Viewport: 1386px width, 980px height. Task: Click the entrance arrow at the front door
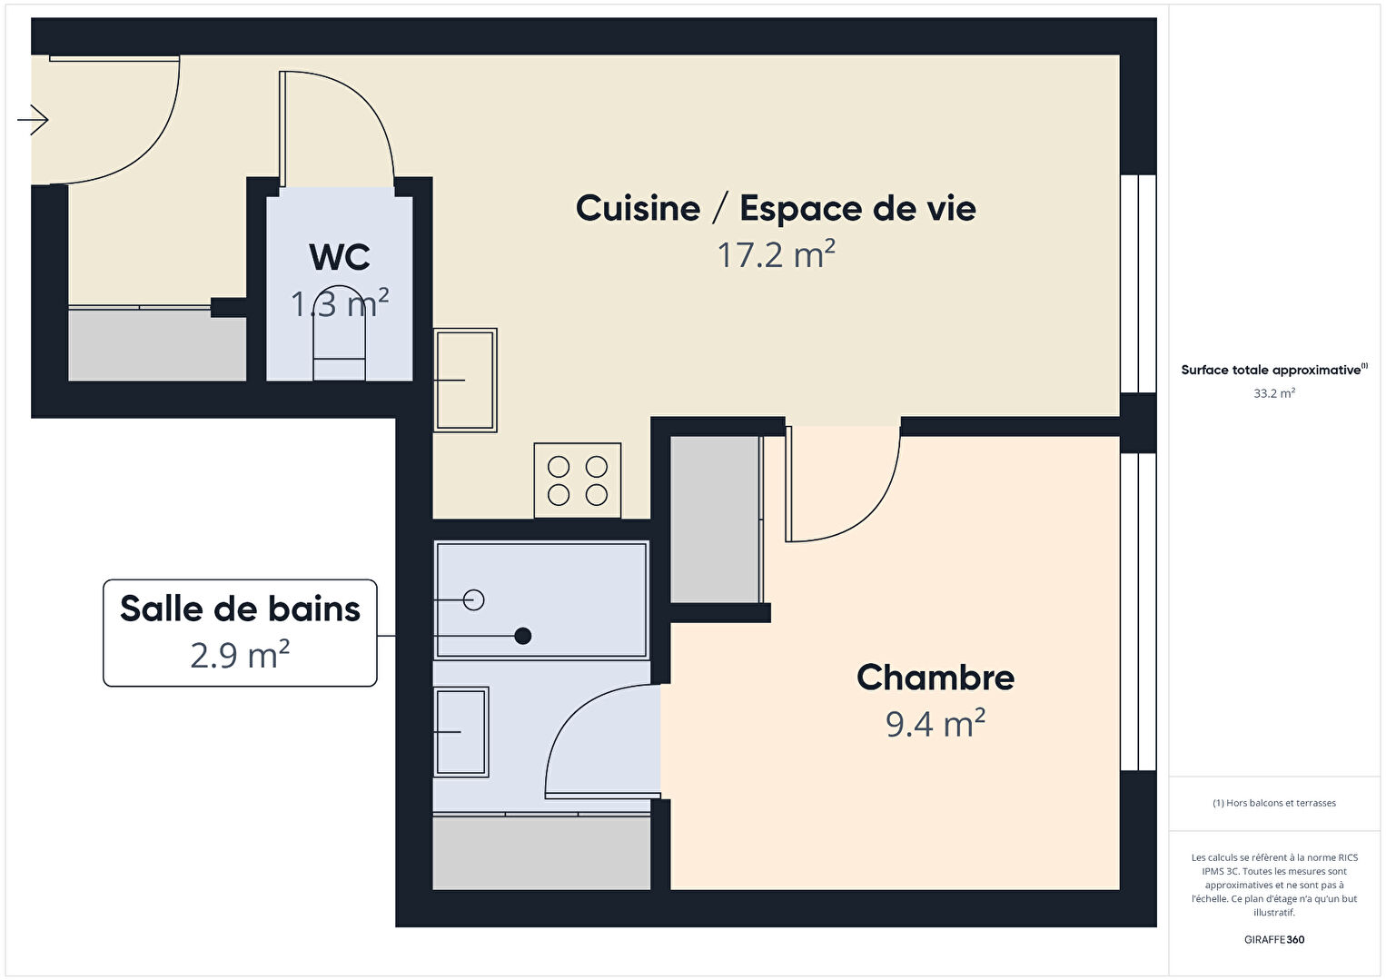[33, 120]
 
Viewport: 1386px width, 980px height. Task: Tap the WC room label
[340, 257]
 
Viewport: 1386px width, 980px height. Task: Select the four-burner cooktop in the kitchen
[578, 480]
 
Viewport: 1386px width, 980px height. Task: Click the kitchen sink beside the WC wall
[465, 380]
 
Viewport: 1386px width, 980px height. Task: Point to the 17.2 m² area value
[777, 254]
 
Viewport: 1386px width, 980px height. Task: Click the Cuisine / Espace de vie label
[776, 208]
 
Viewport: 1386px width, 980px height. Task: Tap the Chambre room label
[936, 678]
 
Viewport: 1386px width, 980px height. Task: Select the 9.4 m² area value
[936, 723]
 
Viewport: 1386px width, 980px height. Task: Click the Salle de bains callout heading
[240, 609]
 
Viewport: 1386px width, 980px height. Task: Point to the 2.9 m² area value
[240, 655]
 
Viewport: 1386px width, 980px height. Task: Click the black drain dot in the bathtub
[523, 636]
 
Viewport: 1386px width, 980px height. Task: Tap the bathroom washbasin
[461, 732]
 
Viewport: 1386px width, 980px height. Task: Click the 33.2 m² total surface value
[1274, 393]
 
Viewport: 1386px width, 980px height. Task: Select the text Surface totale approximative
[1271, 370]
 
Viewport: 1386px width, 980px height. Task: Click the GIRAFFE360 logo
[1274, 939]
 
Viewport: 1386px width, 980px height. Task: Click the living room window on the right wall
[1139, 284]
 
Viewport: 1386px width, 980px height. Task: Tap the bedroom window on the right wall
[1139, 612]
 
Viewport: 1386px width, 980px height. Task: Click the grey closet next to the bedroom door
[716, 520]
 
